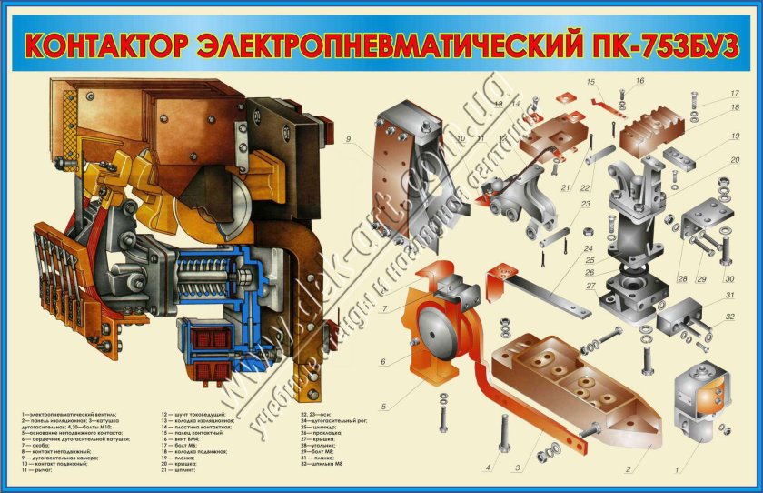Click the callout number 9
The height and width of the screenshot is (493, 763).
(x=348, y=139)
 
